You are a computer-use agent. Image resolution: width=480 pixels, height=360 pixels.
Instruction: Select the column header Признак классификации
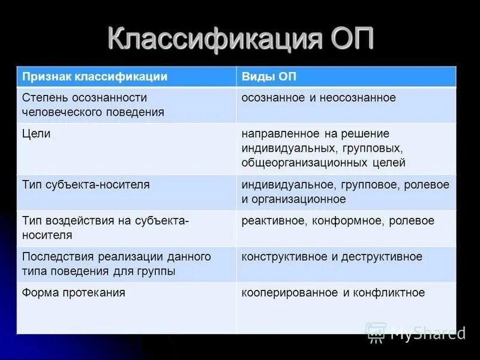pos(95,77)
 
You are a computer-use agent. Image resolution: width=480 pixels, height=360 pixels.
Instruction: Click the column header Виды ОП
pos(269,77)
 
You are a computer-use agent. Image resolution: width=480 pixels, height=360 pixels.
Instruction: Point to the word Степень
pos(43,97)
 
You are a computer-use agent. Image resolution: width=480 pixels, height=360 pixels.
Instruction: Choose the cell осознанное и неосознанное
pos(319,97)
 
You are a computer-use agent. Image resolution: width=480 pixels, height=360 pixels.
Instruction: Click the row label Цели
pos(36,133)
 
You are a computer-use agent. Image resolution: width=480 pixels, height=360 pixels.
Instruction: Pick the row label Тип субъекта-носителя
pos(86,185)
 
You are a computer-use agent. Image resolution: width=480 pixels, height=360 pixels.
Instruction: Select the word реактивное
pos(274,221)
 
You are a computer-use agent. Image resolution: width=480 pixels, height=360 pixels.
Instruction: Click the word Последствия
pos(54,257)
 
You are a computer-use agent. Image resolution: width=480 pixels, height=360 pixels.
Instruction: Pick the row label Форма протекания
pos(74,293)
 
